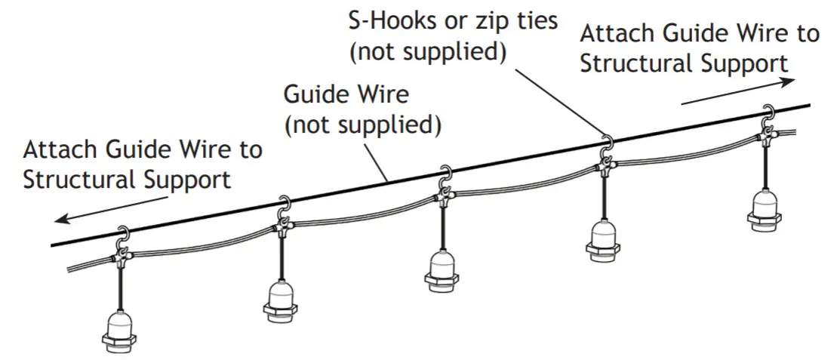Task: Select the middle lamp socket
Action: [x=443, y=267]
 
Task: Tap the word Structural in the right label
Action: [x=638, y=63]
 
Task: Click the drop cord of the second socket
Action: [x=282, y=257]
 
